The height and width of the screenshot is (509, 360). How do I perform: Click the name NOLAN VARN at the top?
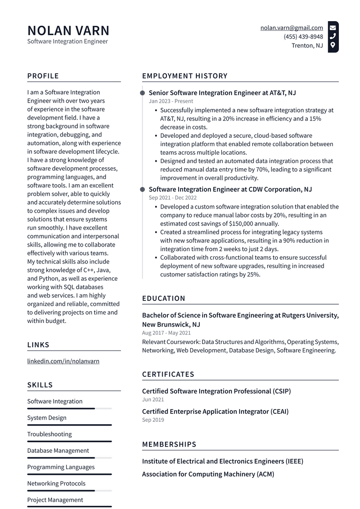pyautogui.click(x=68, y=30)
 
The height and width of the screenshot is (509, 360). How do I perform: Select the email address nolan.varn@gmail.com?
pyautogui.click(x=292, y=28)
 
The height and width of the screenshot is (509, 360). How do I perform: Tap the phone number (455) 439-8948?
pyautogui.click(x=303, y=37)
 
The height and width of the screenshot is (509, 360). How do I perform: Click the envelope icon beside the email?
pyautogui.click(x=333, y=27)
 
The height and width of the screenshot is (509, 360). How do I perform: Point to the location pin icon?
pyautogui.click(x=333, y=45)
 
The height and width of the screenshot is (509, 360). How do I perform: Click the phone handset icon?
pyautogui.click(x=333, y=36)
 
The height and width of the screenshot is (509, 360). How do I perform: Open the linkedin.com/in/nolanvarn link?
pyautogui.click(x=63, y=361)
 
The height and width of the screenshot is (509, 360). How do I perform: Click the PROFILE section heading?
pyautogui.click(x=43, y=76)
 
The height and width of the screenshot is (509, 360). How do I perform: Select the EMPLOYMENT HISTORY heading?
pyautogui.click(x=185, y=76)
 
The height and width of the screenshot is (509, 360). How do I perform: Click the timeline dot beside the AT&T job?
pyautogui.click(x=142, y=93)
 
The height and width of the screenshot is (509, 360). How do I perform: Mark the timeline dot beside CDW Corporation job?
pyautogui.click(x=142, y=189)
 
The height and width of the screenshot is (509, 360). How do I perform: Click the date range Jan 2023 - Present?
pyautogui.click(x=171, y=101)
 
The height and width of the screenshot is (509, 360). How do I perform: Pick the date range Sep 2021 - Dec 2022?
pyautogui.click(x=172, y=198)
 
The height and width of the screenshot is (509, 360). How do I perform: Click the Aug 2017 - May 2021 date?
pyautogui.click(x=166, y=333)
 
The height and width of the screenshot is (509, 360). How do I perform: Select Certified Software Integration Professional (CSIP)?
pyautogui.click(x=216, y=391)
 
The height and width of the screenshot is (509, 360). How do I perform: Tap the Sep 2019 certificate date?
pyautogui.click(x=153, y=420)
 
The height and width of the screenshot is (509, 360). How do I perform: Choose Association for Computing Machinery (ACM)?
pyautogui.click(x=208, y=474)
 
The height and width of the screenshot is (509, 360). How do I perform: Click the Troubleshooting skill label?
pyautogui.click(x=49, y=434)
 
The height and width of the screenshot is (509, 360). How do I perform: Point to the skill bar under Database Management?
pyautogui.click(x=69, y=457)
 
